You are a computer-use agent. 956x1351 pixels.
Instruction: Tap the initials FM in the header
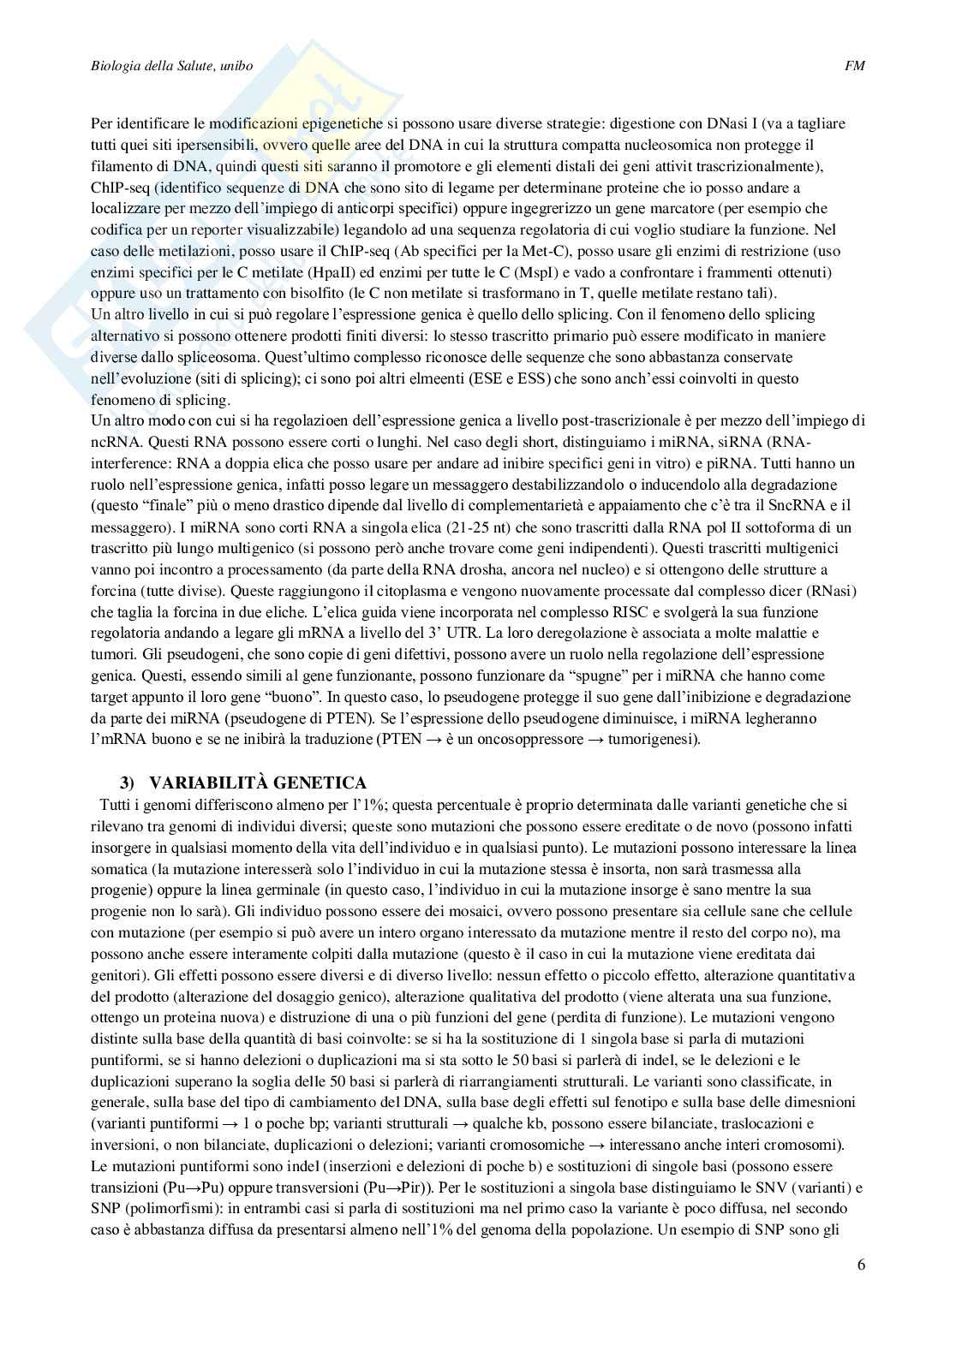click(854, 66)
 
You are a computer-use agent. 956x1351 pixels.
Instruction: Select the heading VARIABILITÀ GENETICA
click(258, 782)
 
